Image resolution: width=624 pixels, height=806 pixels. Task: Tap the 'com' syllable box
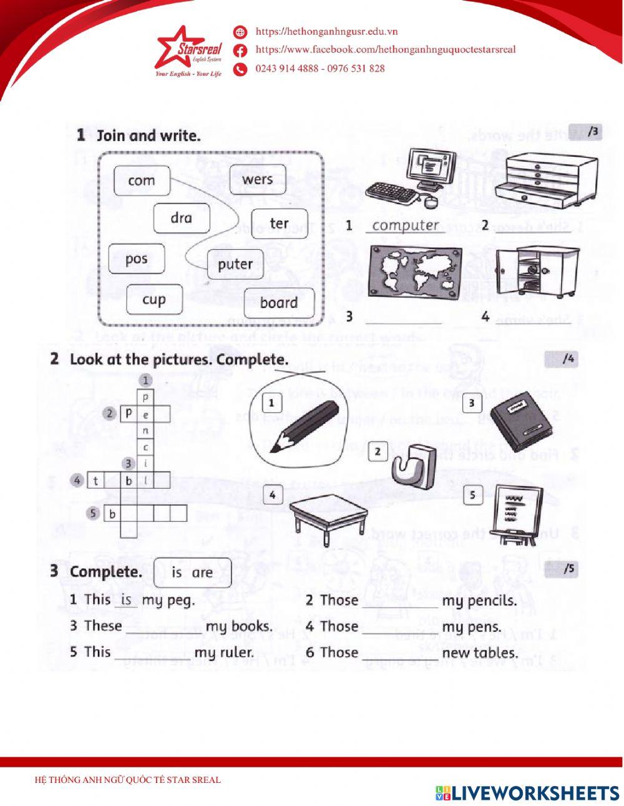tap(141, 181)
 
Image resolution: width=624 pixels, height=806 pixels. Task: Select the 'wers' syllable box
tap(258, 180)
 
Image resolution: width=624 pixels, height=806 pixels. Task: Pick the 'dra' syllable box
tap(181, 219)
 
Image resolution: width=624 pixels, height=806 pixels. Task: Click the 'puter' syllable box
tap(235, 264)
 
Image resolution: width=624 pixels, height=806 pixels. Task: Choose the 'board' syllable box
tap(279, 303)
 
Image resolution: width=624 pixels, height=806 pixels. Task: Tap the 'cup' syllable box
tap(154, 300)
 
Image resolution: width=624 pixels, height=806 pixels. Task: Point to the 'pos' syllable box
tap(136, 259)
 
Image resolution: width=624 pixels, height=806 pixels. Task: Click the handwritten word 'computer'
tap(406, 225)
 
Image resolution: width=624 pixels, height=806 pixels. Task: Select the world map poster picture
tap(414, 272)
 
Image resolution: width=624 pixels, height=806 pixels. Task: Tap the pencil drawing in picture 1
tap(304, 427)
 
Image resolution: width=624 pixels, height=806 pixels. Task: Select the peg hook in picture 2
tap(410, 465)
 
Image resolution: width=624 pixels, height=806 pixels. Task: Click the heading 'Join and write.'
tap(149, 135)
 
